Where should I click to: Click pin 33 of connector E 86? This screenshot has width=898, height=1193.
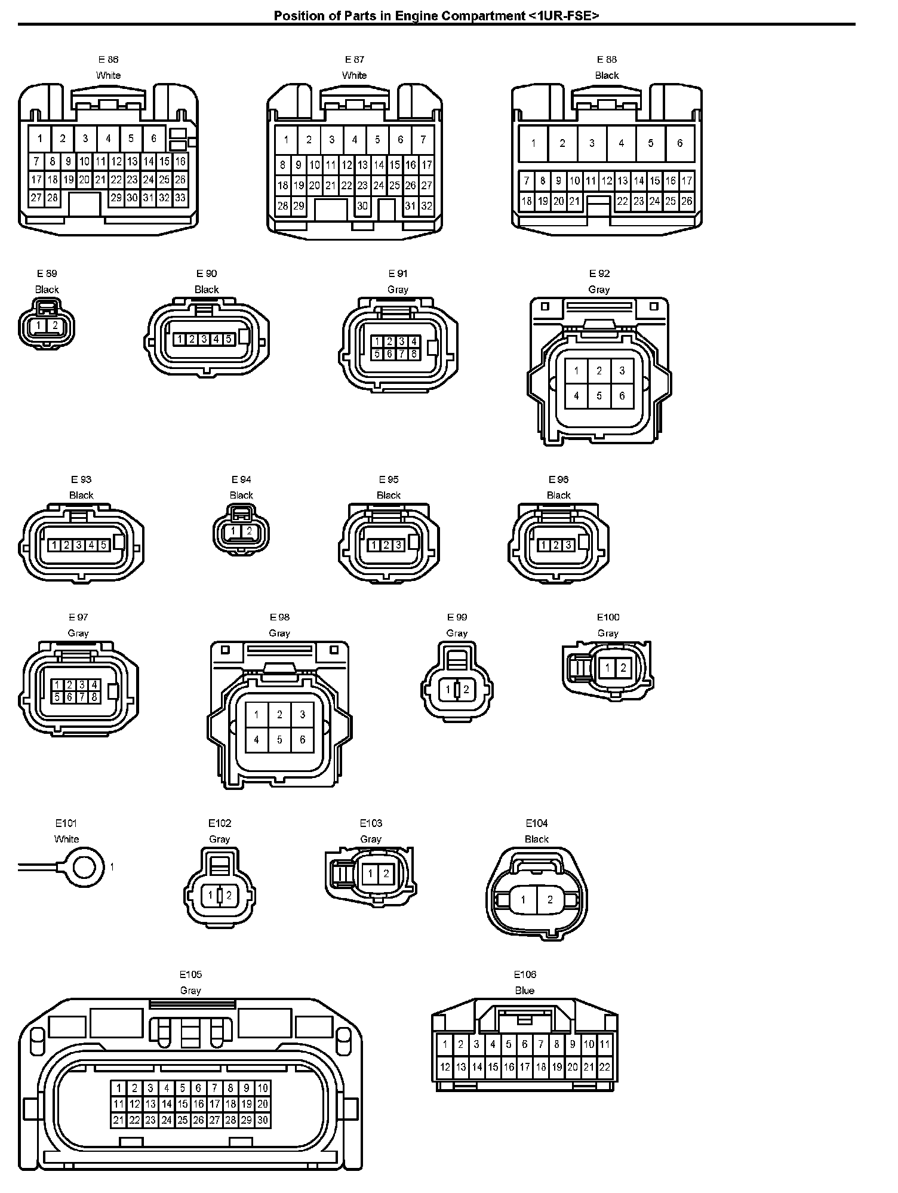[180, 198]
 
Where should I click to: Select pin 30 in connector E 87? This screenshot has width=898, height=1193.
[362, 206]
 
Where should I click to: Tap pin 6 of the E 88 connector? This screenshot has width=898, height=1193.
[679, 143]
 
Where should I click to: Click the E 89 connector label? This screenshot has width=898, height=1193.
[47, 273]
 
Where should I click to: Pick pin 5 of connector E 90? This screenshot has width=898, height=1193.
[228, 339]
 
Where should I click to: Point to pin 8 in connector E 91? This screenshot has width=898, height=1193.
[414, 354]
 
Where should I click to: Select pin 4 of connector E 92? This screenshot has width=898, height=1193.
[576, 395]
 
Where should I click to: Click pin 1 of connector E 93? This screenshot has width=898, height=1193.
[54, 545]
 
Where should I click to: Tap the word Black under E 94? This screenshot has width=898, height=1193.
[241, 495]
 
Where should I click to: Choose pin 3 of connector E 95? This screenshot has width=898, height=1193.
[398, 545]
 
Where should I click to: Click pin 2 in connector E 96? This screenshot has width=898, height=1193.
[556, 545]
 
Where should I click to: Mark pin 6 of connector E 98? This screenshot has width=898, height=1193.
[303, 740]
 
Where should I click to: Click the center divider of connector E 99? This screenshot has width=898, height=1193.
[457, 690]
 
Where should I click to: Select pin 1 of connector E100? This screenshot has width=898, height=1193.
[607, 668]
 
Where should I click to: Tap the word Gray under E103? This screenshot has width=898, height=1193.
[371, 839]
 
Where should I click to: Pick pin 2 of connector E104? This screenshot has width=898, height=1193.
[550, 900]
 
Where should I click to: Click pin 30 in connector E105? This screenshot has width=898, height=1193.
[263, 1120]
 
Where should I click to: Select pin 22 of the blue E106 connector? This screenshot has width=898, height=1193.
[605, 1067]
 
